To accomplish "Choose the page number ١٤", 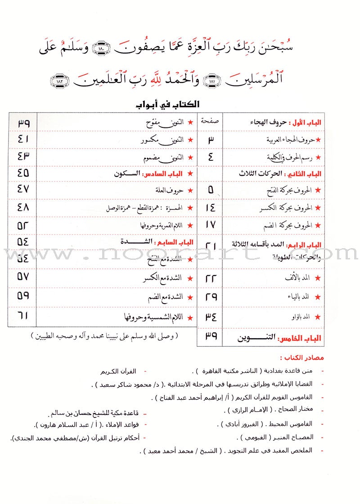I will (x=210, y=208).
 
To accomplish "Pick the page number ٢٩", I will (x=210, y=297).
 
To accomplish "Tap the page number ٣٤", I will (x=210, y=317).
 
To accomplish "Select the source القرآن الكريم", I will (x=118, y=372).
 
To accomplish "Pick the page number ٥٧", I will (x=23, y=276).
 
